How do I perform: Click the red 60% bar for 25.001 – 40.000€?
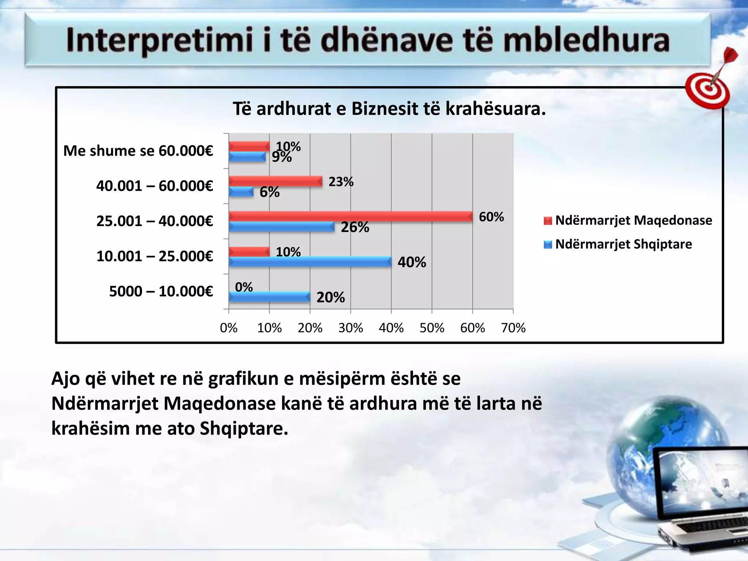pyautogui.click(x=351, y=217)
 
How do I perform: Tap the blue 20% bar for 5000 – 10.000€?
pyautogui.click(x=269, y=297)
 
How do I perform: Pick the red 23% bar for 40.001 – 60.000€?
pyautogui.click(x=275, y=182)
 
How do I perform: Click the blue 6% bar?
pyautogui.click(x=241, y=192)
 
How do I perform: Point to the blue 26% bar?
pyautogui.click(x=281, y=227)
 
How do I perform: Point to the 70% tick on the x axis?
pyautogui.click(x=513, y=328)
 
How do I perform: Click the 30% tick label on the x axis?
pyautogui.click(x=351, y=328)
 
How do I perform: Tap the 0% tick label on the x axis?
pyautogui.click(x=229, y=328)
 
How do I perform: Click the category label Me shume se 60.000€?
pyautogui.click(x=138, y=151)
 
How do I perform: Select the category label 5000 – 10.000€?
pyautogui.click(x=161, y=291)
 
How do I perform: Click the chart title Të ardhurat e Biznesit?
pyautogui.click(x=389, y=109)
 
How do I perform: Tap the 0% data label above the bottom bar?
pyautogui.click(x=244, y=287)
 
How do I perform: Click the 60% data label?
pyautogui.click(x=491, y=217)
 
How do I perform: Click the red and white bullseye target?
pyautogui.click(x=707, y=89)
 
